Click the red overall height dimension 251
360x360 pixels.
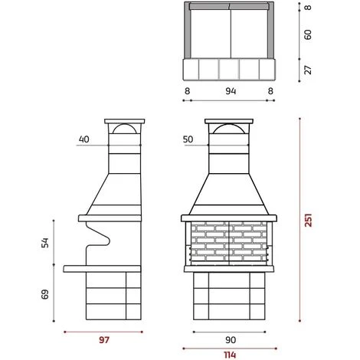[x=309, y=220]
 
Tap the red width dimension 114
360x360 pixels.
[x=230, y=355]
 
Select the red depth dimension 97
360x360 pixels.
[x=104, y=340]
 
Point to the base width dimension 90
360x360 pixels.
[x=231, y=340]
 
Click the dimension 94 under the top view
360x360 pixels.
[x=231, y=91]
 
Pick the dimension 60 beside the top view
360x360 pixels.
[x=308, y=34]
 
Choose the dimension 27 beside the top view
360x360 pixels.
[x=308, y=70]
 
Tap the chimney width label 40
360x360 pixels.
[x=84, y=139]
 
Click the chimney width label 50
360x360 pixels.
[x=188, y=139]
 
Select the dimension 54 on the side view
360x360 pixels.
[x=45, y=243]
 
